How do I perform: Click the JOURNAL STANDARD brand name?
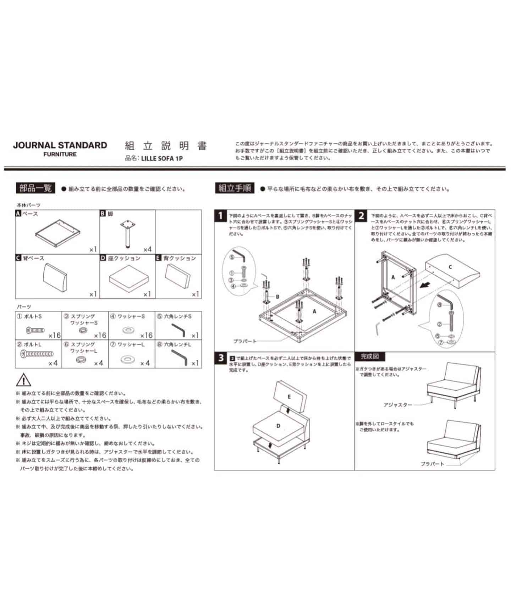pyautogui.click(x=60, y=145)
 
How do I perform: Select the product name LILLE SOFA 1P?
pyautogui.click(x=161, y=159)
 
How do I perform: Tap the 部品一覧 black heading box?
pyautogui.click(x=35, y=188)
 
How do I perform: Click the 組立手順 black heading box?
pyautogui.click(x=235, y=188)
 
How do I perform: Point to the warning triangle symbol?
pyautogui.click(x=23, y=380)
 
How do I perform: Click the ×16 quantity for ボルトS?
pyautogui.click(x=55, y=335)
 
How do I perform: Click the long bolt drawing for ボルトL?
pyautogui.click(x=37, y=354)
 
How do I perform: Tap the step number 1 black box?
pyautogui.click(x=221, y=215)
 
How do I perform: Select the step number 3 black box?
pyautogui.click(x=221, y=358)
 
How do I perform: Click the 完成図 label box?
pyautogui.click(x=370, y=356)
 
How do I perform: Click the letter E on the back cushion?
pyautogui.click(x=289, y=397)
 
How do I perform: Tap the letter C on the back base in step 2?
pyautogui.click(x=450, y=267)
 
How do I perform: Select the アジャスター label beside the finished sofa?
pyautogui.click(x=397, y=405)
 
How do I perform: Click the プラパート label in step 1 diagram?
pyautogui.click(x=244, y=341)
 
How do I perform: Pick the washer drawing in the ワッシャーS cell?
pyautogui.click(x=127, y=331)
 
